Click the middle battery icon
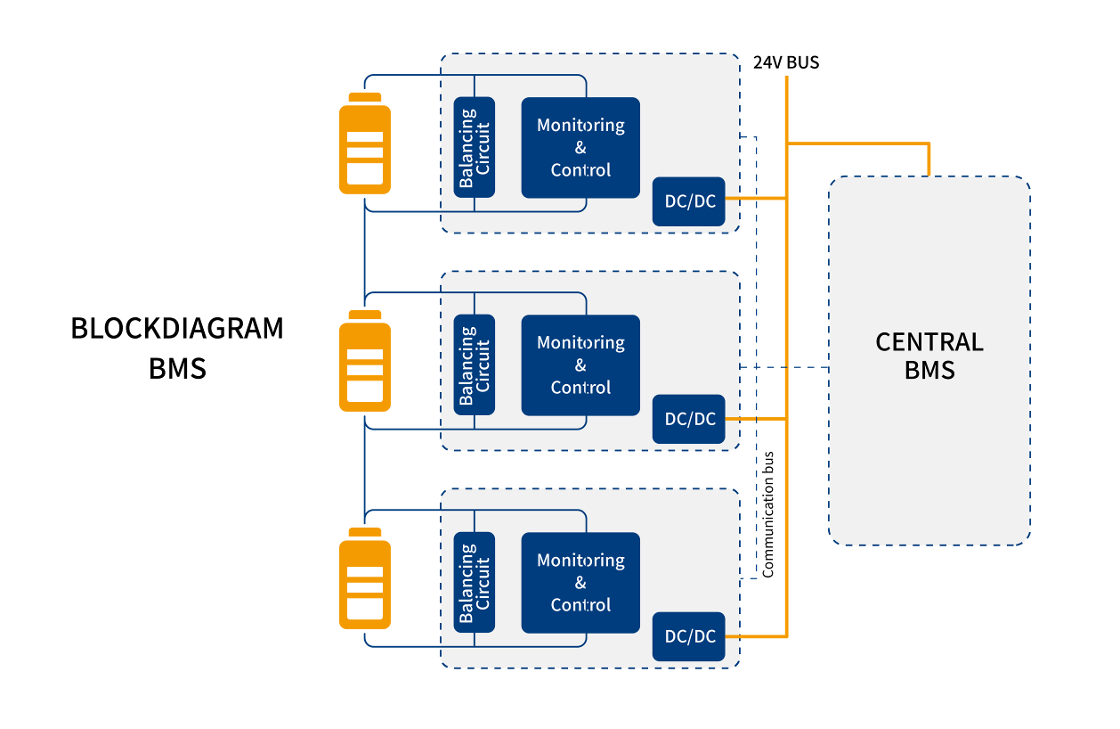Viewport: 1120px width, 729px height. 364,360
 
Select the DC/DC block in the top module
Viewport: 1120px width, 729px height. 689,201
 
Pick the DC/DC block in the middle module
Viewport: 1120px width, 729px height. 689,418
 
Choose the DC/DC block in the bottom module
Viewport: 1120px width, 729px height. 689,636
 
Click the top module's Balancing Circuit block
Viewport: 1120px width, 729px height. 474,147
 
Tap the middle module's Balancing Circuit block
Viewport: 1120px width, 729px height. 474,364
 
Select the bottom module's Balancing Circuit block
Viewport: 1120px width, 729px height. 474,582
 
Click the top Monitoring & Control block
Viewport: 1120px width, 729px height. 580,147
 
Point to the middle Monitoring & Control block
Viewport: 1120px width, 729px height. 580,364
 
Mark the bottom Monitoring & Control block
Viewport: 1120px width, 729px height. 580,582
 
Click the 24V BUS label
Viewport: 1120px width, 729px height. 786,62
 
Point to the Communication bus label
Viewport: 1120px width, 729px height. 768,514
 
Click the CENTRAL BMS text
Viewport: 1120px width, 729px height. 929,356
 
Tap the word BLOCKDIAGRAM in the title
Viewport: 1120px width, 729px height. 177,328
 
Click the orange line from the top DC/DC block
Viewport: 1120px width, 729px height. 756,199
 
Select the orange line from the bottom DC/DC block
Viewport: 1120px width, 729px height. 756,636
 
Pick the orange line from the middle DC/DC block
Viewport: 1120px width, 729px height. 756,418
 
